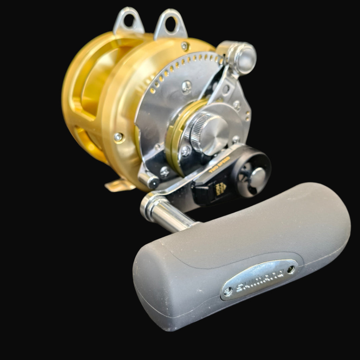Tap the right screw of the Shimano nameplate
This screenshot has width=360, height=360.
[291, 269]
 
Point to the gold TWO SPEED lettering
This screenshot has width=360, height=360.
[220, 164]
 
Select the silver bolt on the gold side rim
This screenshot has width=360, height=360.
[118, 137]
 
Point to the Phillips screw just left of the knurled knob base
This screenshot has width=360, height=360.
[186, 151]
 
